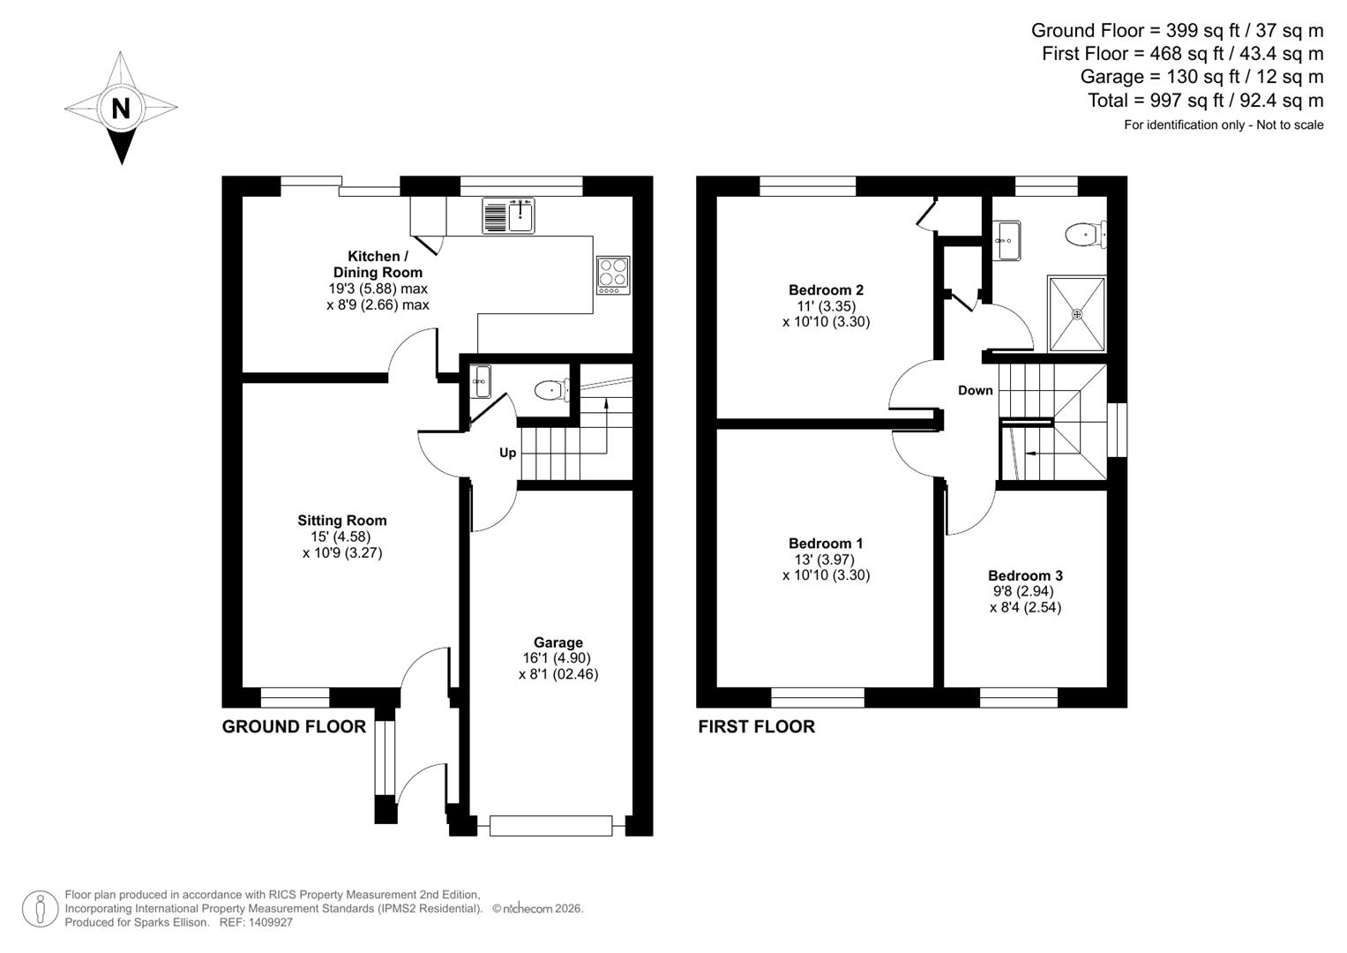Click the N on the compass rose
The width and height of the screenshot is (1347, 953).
pos(121,108)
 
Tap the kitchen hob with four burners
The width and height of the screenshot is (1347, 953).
pos(613,274)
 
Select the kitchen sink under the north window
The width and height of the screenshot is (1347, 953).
pos(509,215)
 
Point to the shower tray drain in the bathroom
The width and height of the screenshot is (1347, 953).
pos(1076,313)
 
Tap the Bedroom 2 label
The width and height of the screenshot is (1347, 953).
pos(826,289)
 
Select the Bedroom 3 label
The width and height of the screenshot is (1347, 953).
pos(1025,575)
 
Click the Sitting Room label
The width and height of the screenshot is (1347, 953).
pos(341,521)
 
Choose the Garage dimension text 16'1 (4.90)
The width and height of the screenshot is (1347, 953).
pos(558,658)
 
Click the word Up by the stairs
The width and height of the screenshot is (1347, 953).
pos(507,453)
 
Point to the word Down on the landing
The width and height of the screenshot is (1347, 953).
pos(975,390)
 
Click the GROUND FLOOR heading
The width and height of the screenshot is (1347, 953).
pos(294,726)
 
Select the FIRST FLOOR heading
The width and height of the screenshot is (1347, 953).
pos(756,726)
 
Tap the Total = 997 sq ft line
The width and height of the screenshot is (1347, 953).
pos(1205,101)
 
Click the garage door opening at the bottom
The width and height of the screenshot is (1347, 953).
pos(551,826)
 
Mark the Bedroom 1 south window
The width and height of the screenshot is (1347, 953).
pos(818,697)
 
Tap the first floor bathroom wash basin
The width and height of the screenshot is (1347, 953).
pos(1007,240)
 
